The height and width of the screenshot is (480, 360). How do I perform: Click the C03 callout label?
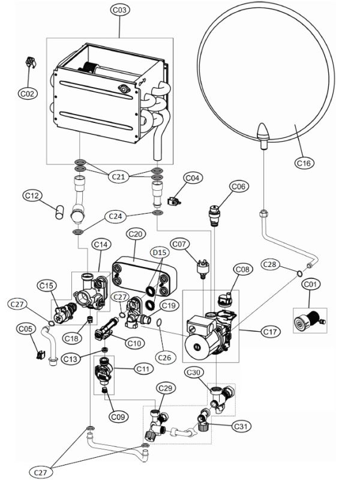120,10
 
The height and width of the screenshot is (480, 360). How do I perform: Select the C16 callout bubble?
305,162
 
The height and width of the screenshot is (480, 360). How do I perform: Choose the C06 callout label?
239,187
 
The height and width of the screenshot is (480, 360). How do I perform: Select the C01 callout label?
310,283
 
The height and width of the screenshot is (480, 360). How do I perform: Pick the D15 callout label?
160,253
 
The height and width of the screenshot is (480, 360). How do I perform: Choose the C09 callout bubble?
118,415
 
